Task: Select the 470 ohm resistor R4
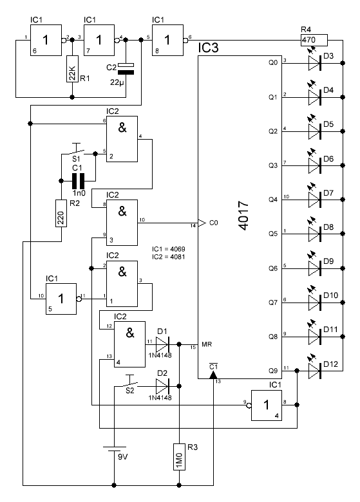pyautogui.click(x=314, y=41)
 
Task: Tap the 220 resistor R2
pyautogui.click(x=61, y=214)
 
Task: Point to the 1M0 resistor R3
pyautogui.click(x=179, y=457)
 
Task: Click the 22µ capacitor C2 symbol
pyautogui.click(x=126, y=68)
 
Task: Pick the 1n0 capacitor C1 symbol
pyautogui.click(x=78, y=181)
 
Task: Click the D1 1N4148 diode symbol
pyautogui.click(x=162, y=344)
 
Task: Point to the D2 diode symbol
pyautogui.click(x=162, y=386)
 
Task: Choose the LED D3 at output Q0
pyautogui.click(x=314, y=61)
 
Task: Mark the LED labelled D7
pyautogui.click(x=314, y=197)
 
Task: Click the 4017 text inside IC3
pyautogui.click(x=243, y=216)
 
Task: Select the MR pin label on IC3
pyautogui.click(x=207, y=344)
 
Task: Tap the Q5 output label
pyautogui.click(x=273, y=234)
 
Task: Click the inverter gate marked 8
pyautogui.click(x=167, y=41)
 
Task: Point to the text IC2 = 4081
pyautogui.click(x=169, y=257)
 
